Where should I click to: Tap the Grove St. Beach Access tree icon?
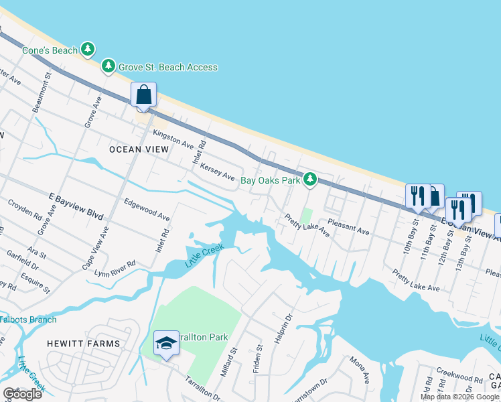click(108, 66)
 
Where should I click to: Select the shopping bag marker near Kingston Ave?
click(144, 95)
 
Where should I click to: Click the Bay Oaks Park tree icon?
click(309, 179)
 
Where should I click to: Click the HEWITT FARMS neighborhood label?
click(83, 344)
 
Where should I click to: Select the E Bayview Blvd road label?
click(76, 206)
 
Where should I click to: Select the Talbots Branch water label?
click(28, 320)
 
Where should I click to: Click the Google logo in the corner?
click(22, 394)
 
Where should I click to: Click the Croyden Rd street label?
click(25, 209)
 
